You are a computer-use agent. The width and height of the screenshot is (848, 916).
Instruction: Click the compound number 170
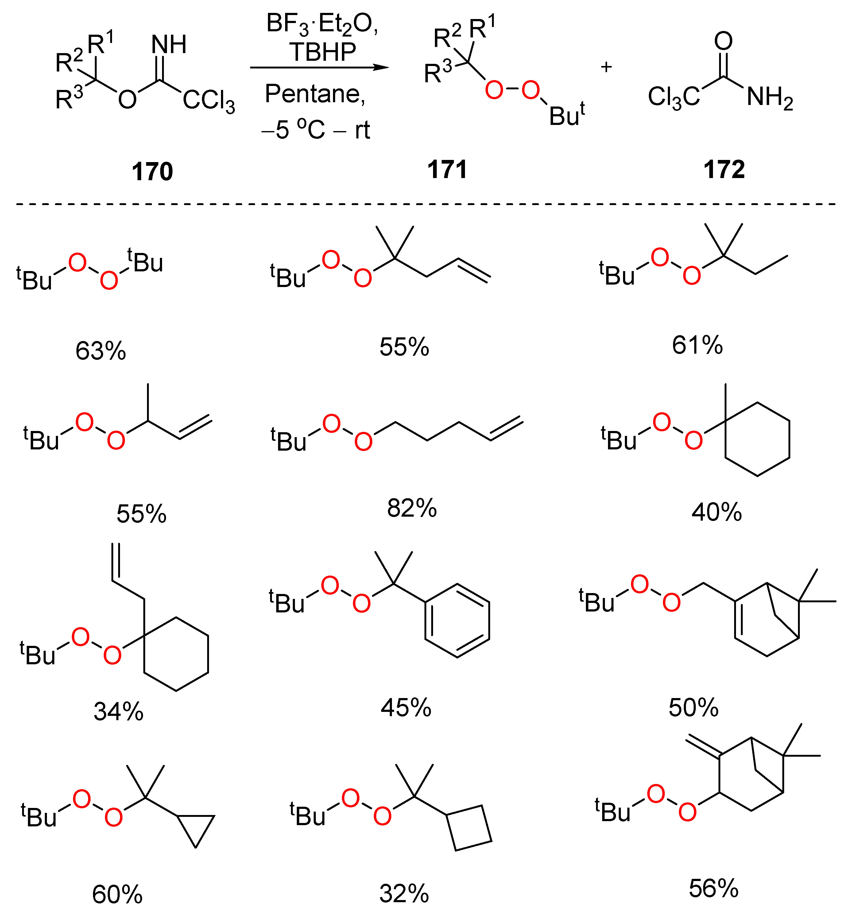(x=152, y=172)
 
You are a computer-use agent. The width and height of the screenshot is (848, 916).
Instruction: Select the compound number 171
(x=447, y=169)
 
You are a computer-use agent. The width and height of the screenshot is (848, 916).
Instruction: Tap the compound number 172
(x=724, y=169)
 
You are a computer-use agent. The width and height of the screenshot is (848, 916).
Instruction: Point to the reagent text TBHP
(x=323, y=52)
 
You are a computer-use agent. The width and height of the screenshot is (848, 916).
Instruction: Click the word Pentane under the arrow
(x=315, y=94)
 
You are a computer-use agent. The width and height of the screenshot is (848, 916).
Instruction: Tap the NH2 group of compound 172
(x=769, y=98)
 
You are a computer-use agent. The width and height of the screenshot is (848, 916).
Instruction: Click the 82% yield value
(x=412, y=508)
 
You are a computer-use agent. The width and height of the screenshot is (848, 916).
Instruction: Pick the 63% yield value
(x=100, y=351)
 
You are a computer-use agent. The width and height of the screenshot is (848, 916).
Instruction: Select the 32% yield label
(x=404, y=894)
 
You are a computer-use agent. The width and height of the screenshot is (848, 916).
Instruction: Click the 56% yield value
(x=714, y=888)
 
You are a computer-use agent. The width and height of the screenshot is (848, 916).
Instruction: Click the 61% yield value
(x=697, y=345)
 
